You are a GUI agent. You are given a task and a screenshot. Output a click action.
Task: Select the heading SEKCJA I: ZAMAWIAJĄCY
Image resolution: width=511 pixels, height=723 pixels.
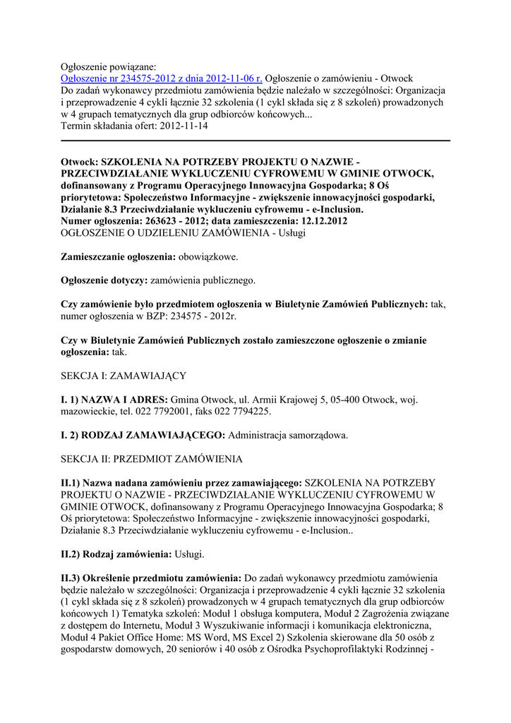click(x=124, y=376)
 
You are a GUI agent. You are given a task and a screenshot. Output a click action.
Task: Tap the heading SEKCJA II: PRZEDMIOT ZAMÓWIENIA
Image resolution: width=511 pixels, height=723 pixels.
click(x=152, y=459)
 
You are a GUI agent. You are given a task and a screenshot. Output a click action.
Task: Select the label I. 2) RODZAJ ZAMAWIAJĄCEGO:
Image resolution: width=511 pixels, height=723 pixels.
click(x=143, y=435)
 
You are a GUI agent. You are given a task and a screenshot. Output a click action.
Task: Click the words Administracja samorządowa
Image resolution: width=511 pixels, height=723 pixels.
click(x=288, y=435)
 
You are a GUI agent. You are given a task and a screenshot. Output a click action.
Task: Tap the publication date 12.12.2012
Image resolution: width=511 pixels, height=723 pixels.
click(x=322, y=221)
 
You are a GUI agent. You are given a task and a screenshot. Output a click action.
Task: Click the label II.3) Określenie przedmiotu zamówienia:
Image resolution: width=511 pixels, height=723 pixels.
click(x=152, y=578)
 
